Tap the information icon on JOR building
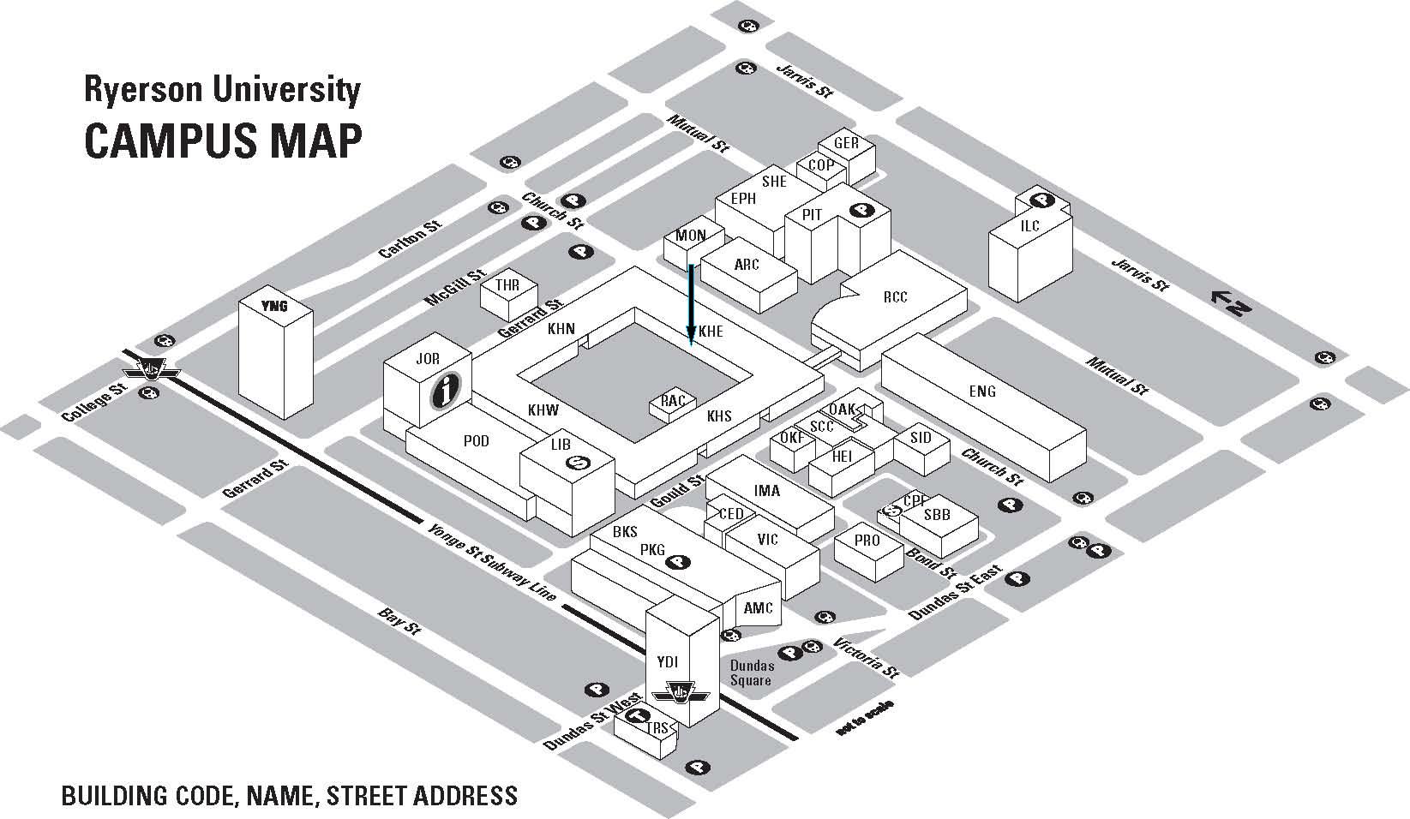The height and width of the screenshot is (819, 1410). coord(446,390)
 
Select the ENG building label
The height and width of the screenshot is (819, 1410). coord(982,392)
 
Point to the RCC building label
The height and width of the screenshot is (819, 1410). coord(895,297)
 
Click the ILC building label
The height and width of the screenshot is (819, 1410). coord(1029,226)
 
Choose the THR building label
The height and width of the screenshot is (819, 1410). coord(507,284)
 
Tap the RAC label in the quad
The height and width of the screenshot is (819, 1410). coord(673,401)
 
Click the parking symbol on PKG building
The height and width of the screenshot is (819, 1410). coord(679,562)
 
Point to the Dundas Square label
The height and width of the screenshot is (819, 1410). coord(752,673)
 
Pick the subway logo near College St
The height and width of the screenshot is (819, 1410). coord(152,370)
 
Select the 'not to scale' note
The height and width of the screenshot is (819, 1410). coord(865,718)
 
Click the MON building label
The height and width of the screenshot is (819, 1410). coord(691,236)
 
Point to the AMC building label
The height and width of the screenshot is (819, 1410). coord(758,608)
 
